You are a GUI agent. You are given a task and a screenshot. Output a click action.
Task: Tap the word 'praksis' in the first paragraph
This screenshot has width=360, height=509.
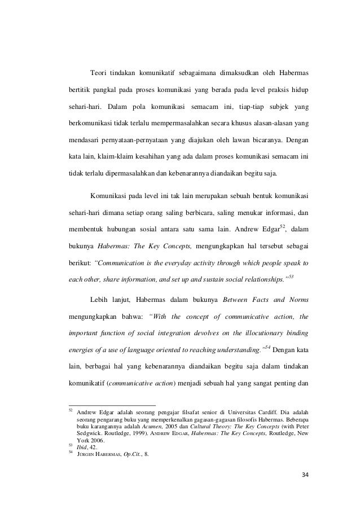[x=269, y=90]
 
